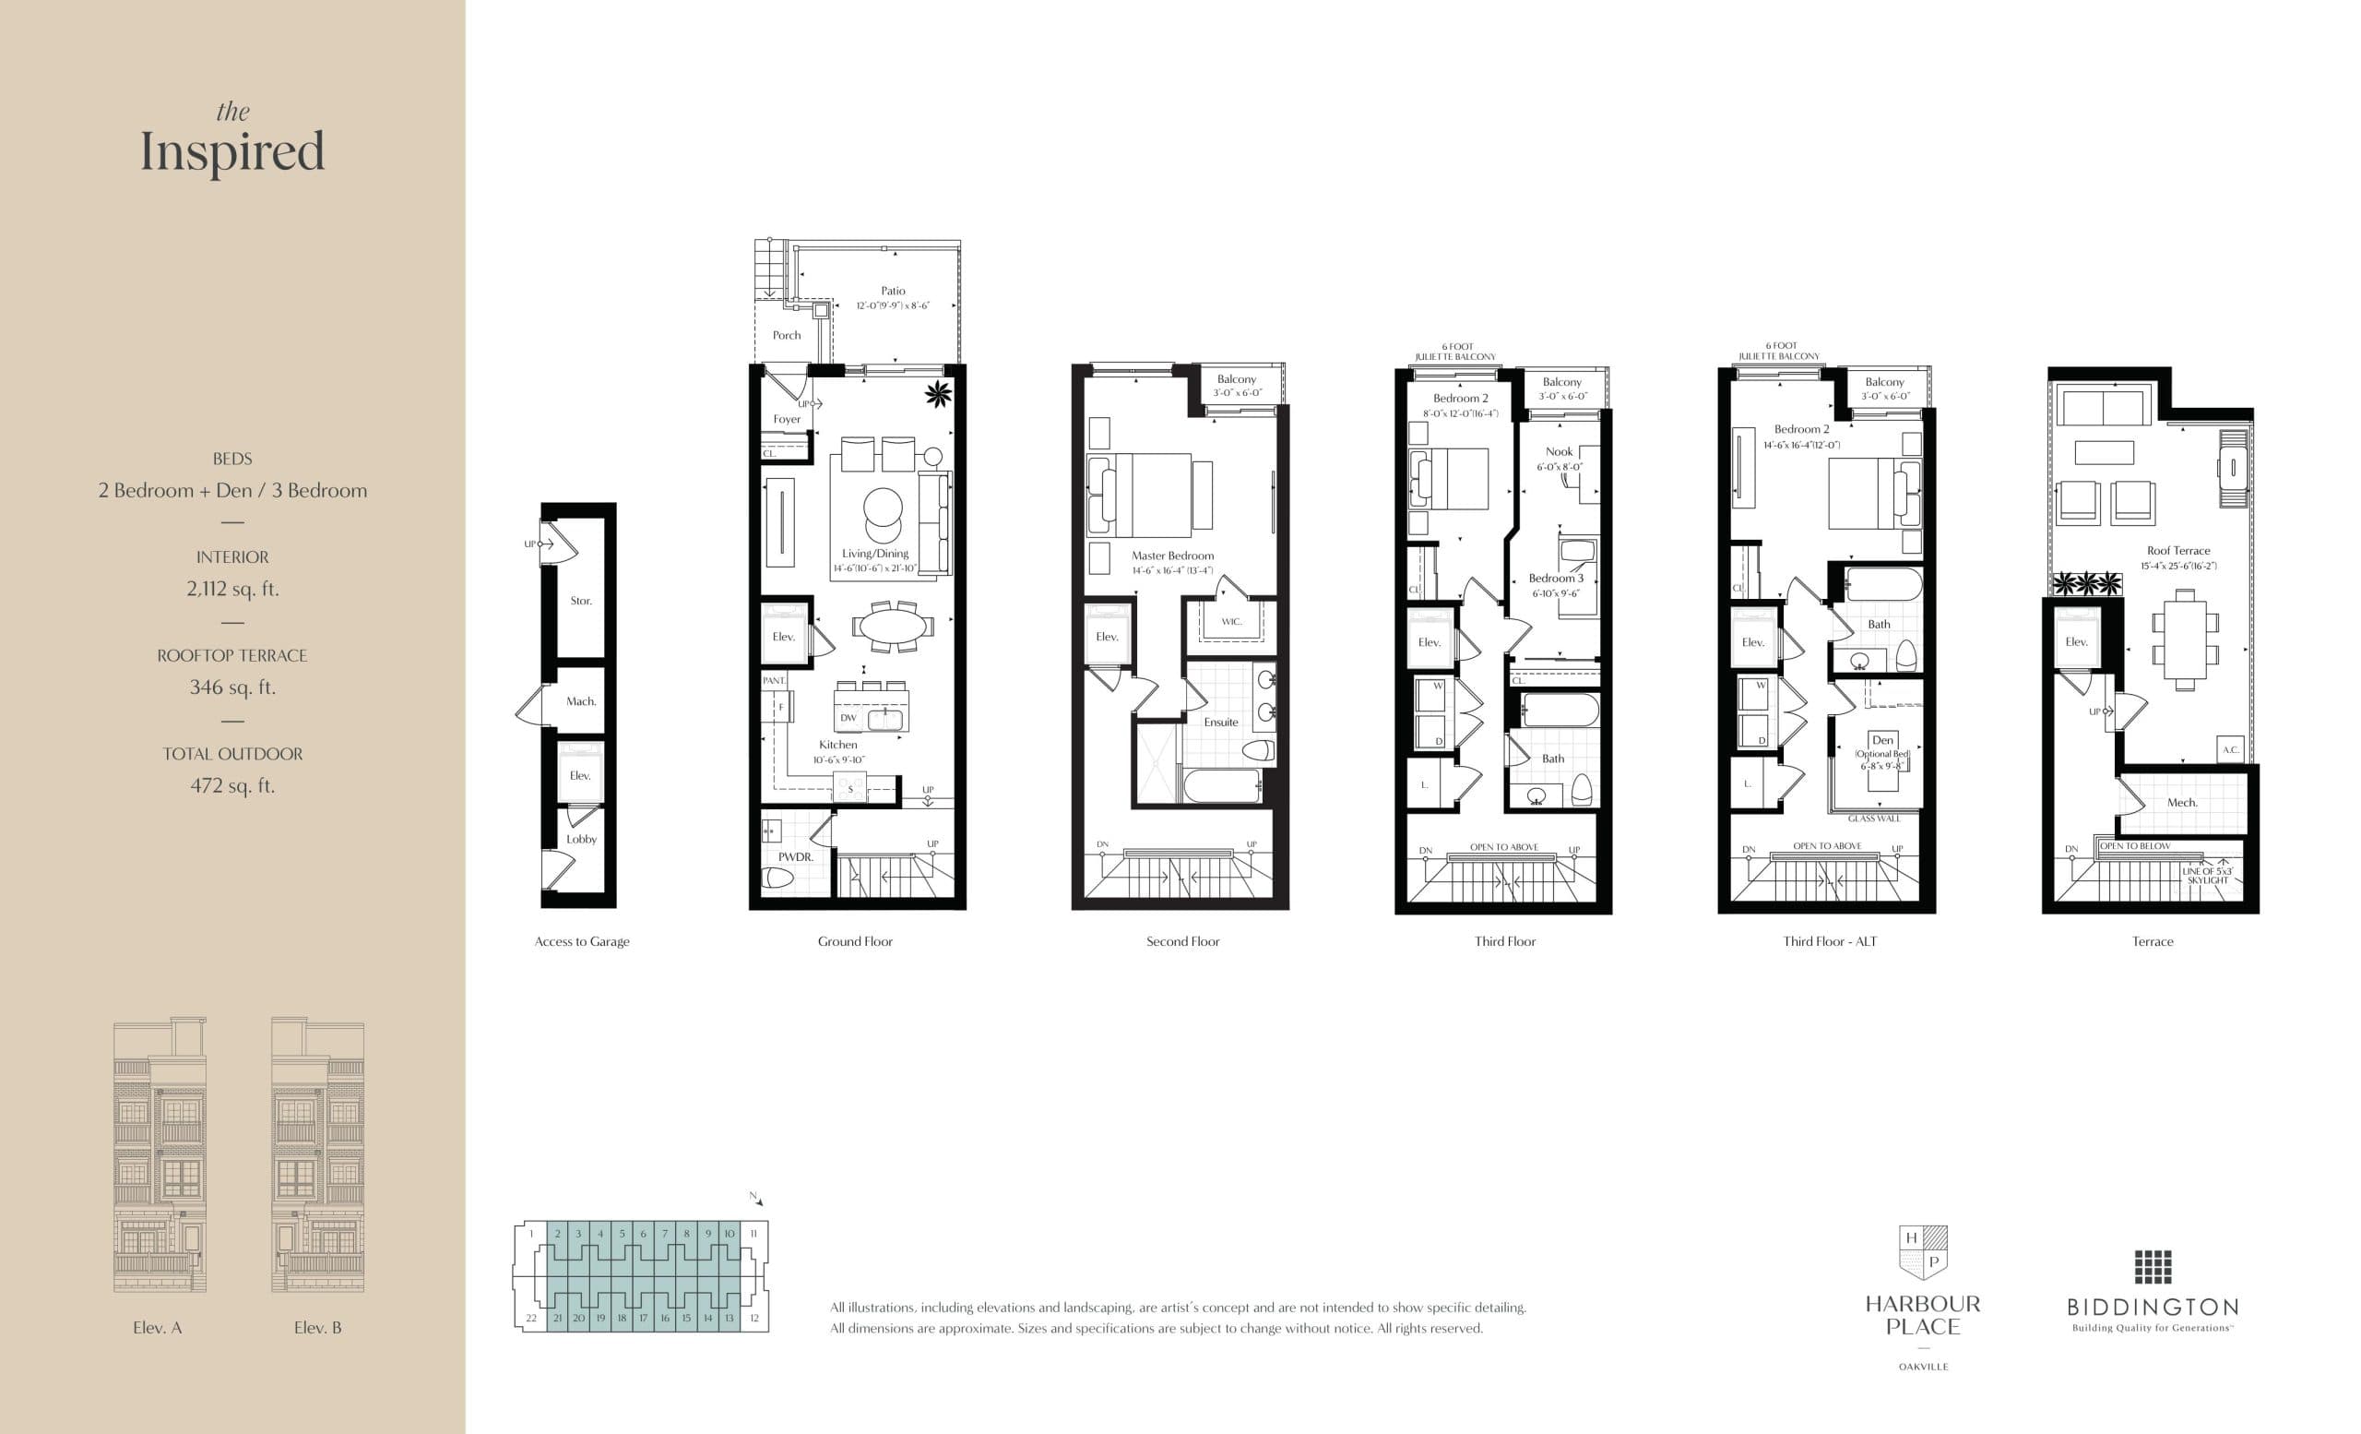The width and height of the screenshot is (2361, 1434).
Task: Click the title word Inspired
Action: click(x=232, y=152)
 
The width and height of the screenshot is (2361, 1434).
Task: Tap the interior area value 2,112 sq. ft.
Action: click(x=232, y=589)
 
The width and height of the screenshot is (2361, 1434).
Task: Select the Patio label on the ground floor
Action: click(x=893, y=291)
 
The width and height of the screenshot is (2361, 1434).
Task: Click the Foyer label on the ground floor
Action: click(x=787, y=419)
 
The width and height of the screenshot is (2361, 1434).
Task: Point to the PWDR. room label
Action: click(x=795, y=857)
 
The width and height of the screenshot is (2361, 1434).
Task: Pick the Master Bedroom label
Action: click(x=1172, y=555)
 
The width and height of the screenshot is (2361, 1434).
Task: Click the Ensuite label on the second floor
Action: click(x=1221, y=722)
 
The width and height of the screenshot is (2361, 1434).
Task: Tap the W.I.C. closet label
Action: click(x=1231, y=622)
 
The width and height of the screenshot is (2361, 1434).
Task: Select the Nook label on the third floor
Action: click(x=1559, y=451)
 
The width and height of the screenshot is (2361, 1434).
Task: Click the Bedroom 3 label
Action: click(x=1555, y=578)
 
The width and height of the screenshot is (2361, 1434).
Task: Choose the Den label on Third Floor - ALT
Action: click(x=1883, y=740)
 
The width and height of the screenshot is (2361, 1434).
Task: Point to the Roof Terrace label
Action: click(x=2178, y=550)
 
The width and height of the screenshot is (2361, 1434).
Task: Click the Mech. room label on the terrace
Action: click(x=2182, y=802)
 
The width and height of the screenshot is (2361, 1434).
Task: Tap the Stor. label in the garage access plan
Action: click(x=581, y=601)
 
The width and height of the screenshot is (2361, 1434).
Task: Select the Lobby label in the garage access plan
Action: click(x=581, y=839)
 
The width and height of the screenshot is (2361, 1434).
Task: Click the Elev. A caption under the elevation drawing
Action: click(x=157, y=1328)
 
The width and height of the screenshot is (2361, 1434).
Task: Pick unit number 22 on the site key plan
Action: click(x=531, y=1318)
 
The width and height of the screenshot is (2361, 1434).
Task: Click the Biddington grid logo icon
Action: click(x=2153, y=1266)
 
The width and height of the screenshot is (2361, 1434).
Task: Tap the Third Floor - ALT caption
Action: click(x=1829, y=941)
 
